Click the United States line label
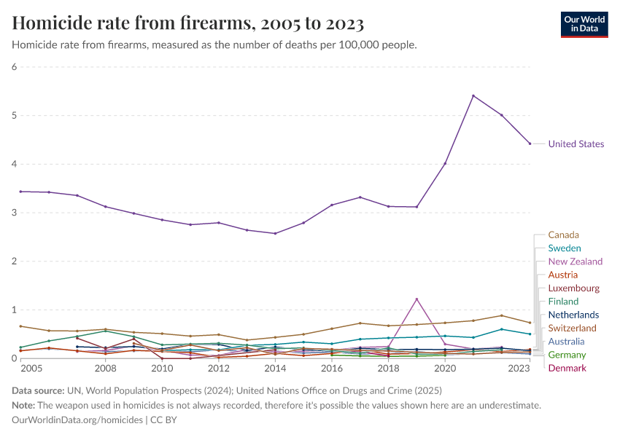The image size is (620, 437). pos(576,144)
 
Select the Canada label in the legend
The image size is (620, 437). pos(563,235)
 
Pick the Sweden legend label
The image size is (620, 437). pos(564,248)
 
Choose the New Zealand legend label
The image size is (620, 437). pos(575,261)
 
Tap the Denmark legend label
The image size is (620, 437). pos(567,368)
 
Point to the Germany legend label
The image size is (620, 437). pos(567,355)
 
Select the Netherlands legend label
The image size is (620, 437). pos(573,315)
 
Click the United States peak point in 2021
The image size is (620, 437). pos(473,95)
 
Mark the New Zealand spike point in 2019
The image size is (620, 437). pos(416,299)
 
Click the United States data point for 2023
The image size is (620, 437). pos(530,143)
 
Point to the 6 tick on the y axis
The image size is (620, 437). pos(14,67)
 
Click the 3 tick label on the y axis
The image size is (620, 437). pos(14,213)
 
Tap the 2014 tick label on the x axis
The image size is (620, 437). pos(275,369)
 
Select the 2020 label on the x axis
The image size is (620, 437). pos(445,369)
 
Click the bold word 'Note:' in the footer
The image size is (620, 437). pos(25,405)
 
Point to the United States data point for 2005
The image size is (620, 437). pos(21,192)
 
